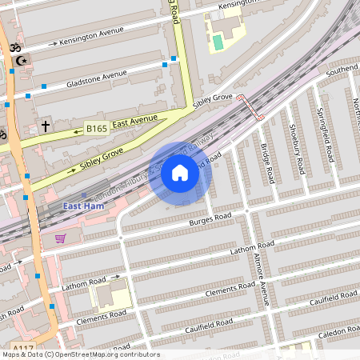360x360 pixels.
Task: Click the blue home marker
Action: [x=180, y=173]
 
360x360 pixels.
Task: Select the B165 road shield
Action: [x=96, y=128]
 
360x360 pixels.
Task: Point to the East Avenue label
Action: [x=134, y=122]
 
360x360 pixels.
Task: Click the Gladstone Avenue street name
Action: [x=97, y=77]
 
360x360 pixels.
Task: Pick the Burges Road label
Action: [x=209, y=218]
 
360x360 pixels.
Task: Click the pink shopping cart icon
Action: [x=60, y=238]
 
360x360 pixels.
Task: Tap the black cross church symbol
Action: [x=46, y=126]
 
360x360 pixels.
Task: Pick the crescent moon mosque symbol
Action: [x=22, y=60]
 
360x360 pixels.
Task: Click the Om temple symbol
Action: [x=11, y=48]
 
